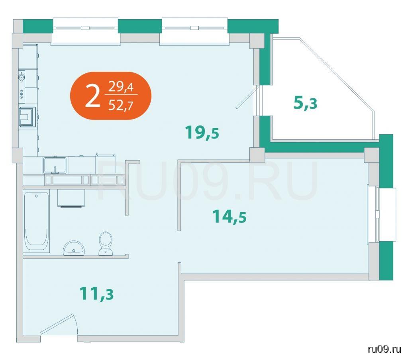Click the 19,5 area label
202,132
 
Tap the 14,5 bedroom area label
229,216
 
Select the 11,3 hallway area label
96,293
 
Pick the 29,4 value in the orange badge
121,87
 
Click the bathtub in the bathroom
36,221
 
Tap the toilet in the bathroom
106,243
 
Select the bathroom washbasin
74,248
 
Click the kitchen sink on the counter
55,165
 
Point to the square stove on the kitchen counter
27,117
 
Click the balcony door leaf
247,98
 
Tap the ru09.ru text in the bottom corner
384,349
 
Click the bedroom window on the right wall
381,214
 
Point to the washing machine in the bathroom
71,198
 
